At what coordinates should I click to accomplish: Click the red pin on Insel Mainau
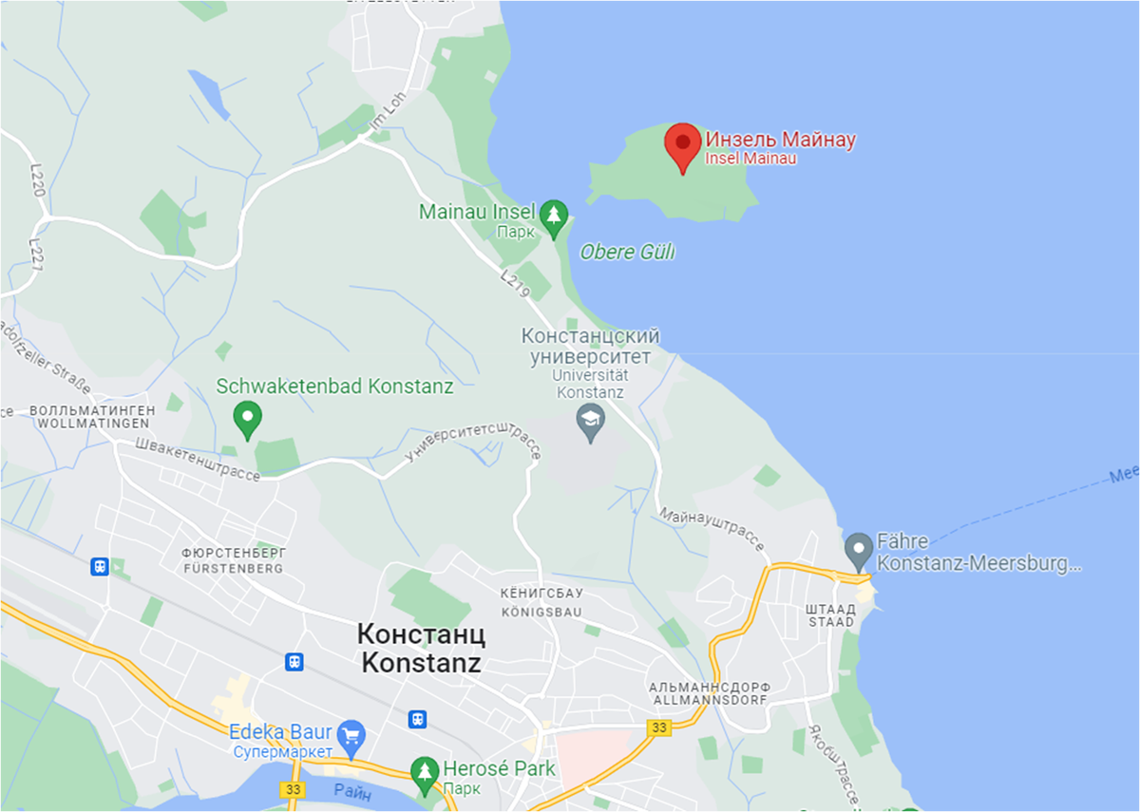[x=682, y=145]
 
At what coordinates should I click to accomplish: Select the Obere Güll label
[x=627, y=253]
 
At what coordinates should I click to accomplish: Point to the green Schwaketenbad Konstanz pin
[x=248, y=419]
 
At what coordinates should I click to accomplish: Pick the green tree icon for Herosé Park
[x=425, y=771]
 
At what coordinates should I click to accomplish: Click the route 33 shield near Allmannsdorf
[x=658, y=727]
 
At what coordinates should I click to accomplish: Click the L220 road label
[x=37, y=180]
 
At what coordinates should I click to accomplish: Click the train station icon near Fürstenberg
[x=100, y=567]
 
